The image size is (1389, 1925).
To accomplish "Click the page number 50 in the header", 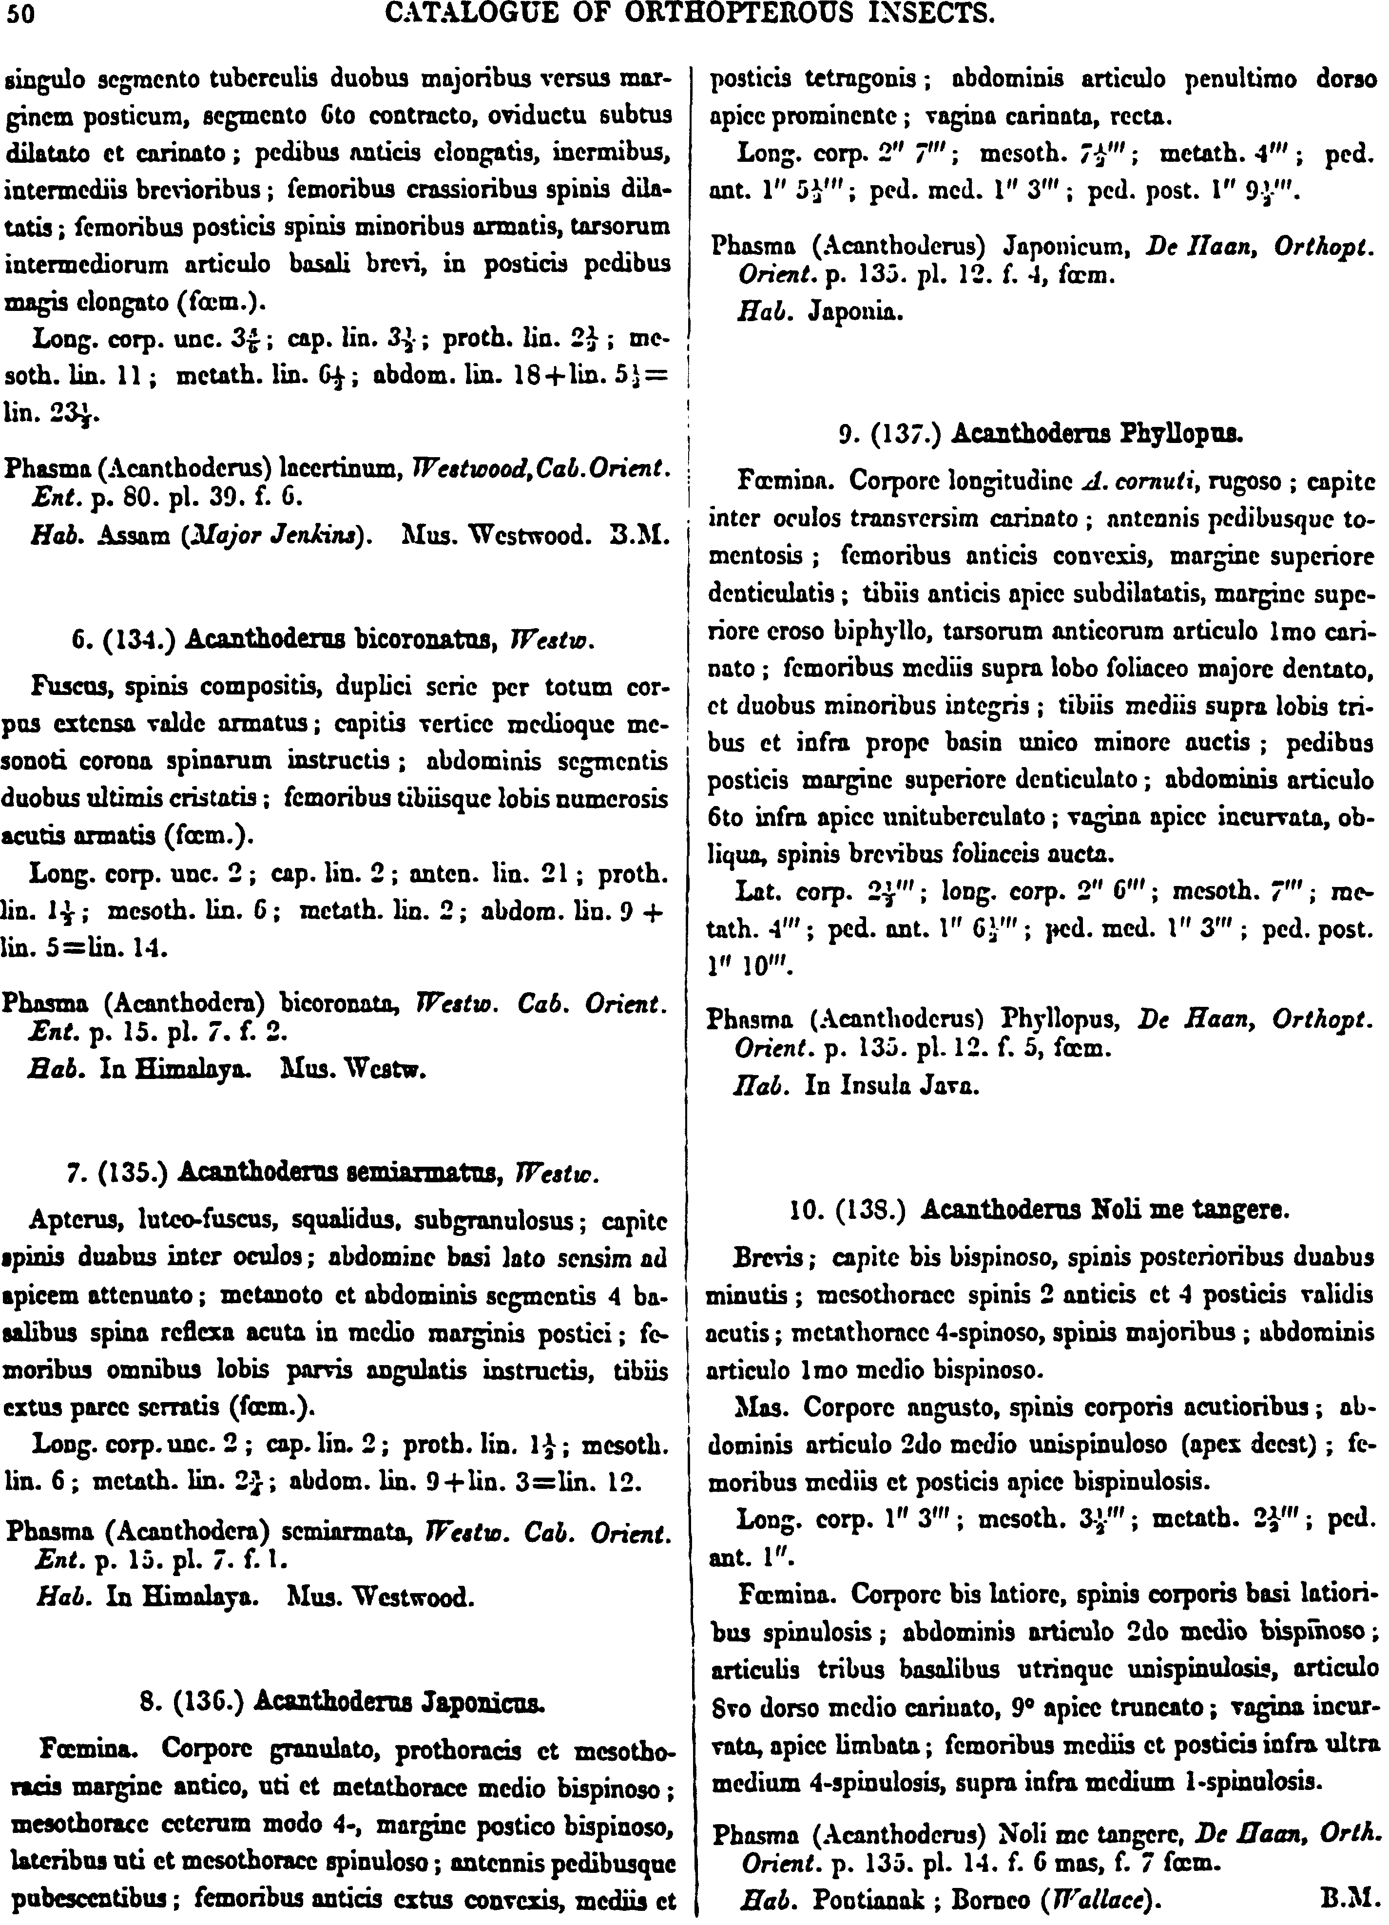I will pos(17,15).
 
